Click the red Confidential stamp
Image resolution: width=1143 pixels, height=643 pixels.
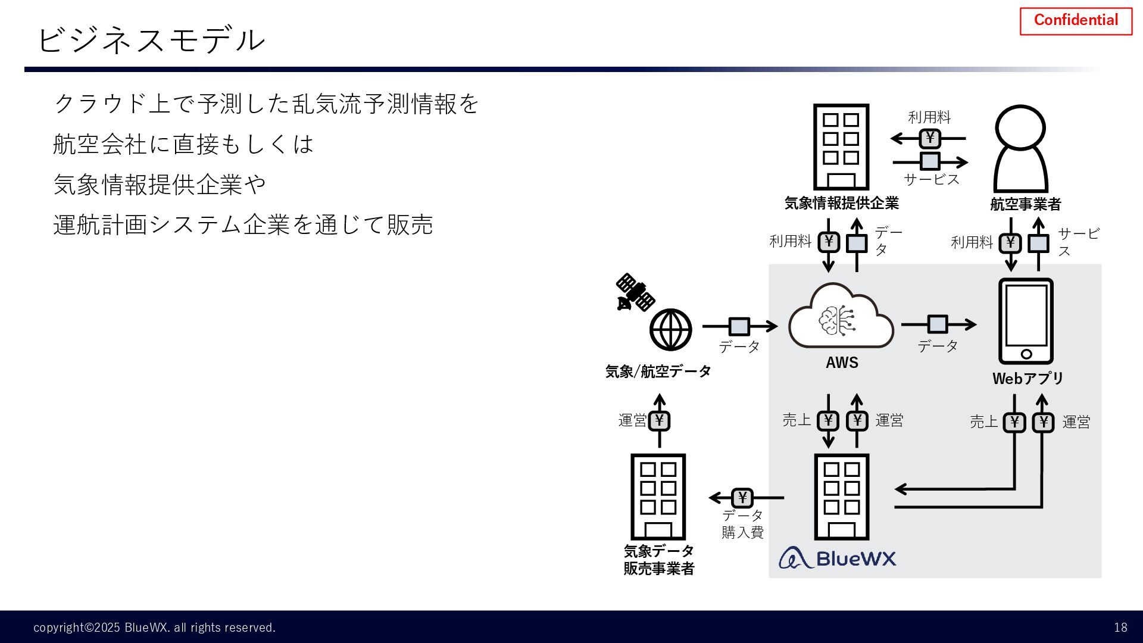1076,21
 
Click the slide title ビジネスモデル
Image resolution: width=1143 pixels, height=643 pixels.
151,40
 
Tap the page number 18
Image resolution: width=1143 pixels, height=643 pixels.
1120,628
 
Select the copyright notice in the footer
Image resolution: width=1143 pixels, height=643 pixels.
154,628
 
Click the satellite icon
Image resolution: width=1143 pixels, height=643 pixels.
635,292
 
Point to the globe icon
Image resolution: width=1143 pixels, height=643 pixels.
670,329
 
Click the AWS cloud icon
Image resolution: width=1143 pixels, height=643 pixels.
841,317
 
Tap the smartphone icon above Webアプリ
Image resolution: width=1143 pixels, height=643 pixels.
1026,321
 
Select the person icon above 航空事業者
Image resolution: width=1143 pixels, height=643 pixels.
1020,149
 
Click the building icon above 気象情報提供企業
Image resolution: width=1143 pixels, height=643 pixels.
841,147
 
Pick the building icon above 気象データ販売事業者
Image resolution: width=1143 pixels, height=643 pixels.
658,497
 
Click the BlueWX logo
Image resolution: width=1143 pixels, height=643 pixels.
838,558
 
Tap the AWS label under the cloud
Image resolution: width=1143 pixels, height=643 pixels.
842,363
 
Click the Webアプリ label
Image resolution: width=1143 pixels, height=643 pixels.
1028,378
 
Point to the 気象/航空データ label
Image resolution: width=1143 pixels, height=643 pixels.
658,372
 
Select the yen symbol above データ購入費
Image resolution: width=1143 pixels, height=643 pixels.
742,497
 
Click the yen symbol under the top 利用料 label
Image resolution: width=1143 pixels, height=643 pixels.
930,139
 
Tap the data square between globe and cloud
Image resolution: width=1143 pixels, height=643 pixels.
739,326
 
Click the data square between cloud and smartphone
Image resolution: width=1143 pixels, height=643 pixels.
938,324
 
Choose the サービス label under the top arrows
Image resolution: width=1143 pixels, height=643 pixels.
932,179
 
